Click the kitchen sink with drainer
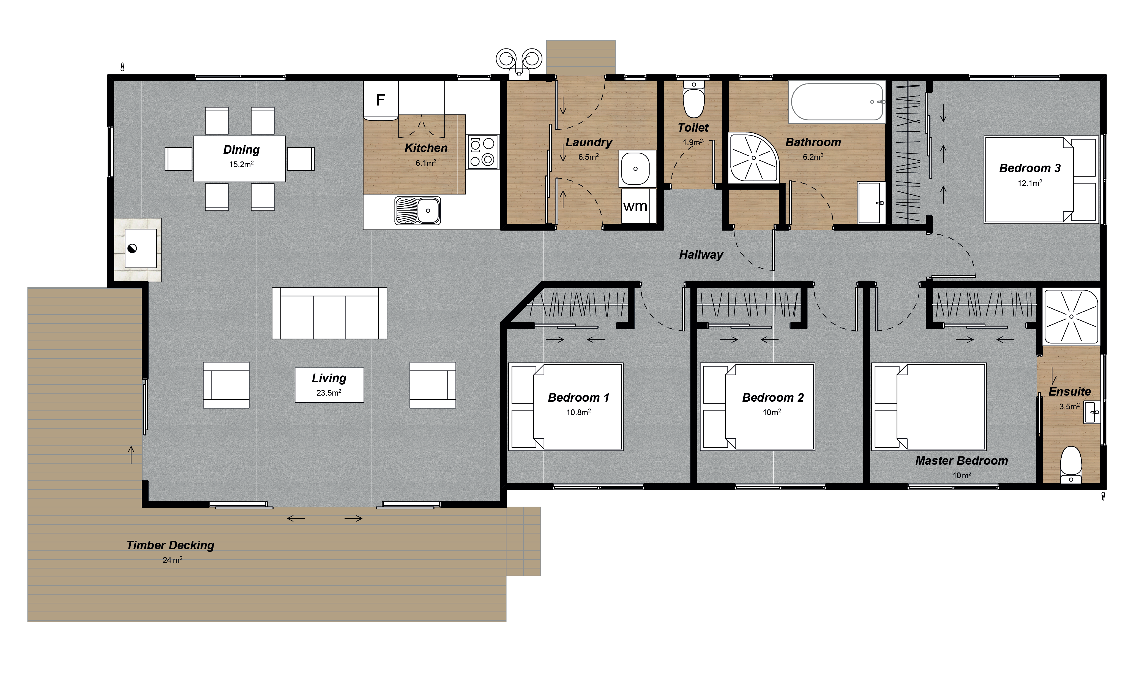[x=417, y=210]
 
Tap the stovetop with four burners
[x=482, y=152]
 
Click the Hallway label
[x=701, y=255]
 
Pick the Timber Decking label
[x=170, y=545]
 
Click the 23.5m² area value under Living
[x=329, y=393]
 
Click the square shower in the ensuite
[x=1071, y=317]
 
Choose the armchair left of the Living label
[x=226, y=385]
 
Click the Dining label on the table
[x=241, y=150]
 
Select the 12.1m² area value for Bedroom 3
[x=1030, y=183]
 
